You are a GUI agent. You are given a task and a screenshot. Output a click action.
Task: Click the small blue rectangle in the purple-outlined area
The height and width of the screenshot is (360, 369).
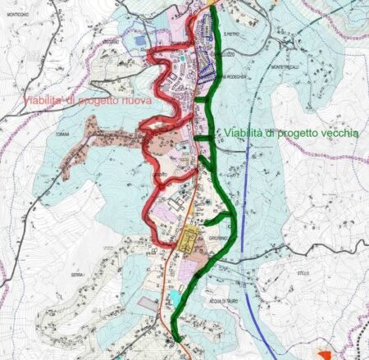click(x=139, y=39)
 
